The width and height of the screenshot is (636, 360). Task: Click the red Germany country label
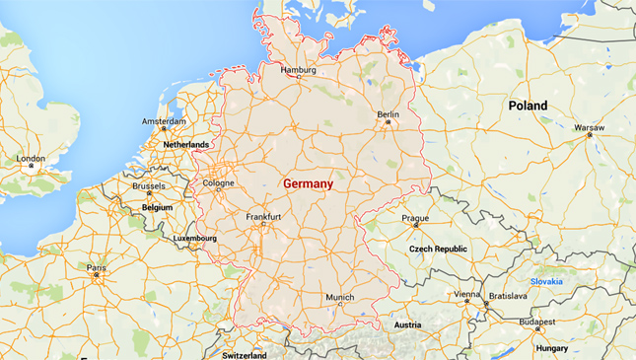click(x=308, y=184)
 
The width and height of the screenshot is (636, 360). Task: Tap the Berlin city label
click(x=389, y=114)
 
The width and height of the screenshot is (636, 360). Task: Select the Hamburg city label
click(x=298, y=70)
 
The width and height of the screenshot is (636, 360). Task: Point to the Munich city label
click(x=339, y=296)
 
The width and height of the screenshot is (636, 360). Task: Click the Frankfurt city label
click(x=263, y=216)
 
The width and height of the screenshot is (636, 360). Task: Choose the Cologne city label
click(x=218, y=182)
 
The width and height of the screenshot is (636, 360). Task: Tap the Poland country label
click(x=528, y=105)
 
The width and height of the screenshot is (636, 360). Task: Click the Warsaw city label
click(x=590, y=127)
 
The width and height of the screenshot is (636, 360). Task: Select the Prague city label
click(x=415, y=217)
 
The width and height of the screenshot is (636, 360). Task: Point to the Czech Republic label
click(x=438, y=249)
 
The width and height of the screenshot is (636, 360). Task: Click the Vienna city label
click(x=467, y=295)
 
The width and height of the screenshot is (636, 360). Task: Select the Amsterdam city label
click(x=164, y=121)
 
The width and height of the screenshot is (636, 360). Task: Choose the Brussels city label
click(x=148, y=185)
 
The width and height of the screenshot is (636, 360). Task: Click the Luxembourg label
click(x=194, y=238)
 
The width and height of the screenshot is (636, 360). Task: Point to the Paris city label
click(x=96, y=267)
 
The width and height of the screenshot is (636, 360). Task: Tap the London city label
click(x=31, y=158)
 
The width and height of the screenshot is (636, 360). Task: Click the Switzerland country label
click(x=245, y=354)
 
